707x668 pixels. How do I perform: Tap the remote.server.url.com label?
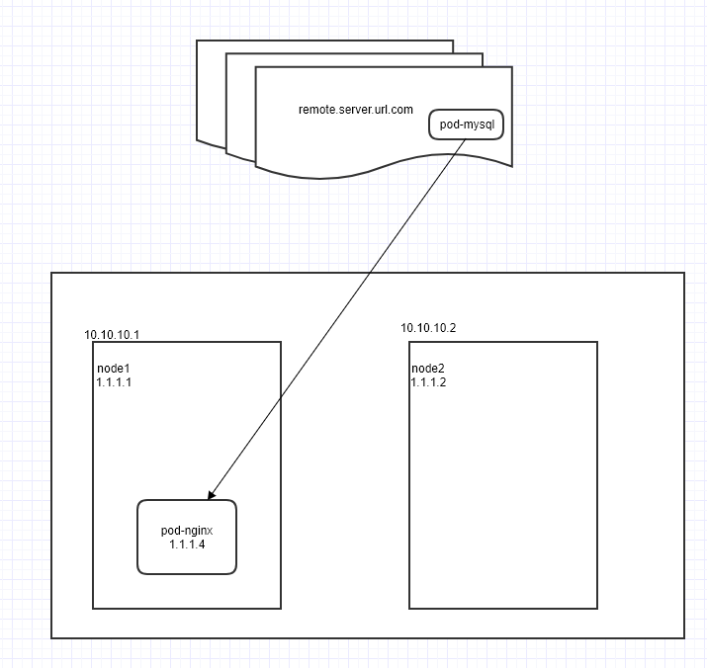(355, 109)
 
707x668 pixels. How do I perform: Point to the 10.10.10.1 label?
(112, 335)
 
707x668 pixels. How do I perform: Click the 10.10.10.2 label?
(428, 327)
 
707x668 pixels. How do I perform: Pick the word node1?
(113, 368)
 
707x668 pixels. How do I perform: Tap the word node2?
(428, 369)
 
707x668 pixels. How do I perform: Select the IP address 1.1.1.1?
(114, 381)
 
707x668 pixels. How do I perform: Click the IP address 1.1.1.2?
(429, 382)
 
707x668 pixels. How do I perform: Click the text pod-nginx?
(186, 531)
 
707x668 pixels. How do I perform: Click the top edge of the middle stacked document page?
(356, 53)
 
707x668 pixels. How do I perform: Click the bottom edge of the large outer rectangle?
(368, 638)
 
